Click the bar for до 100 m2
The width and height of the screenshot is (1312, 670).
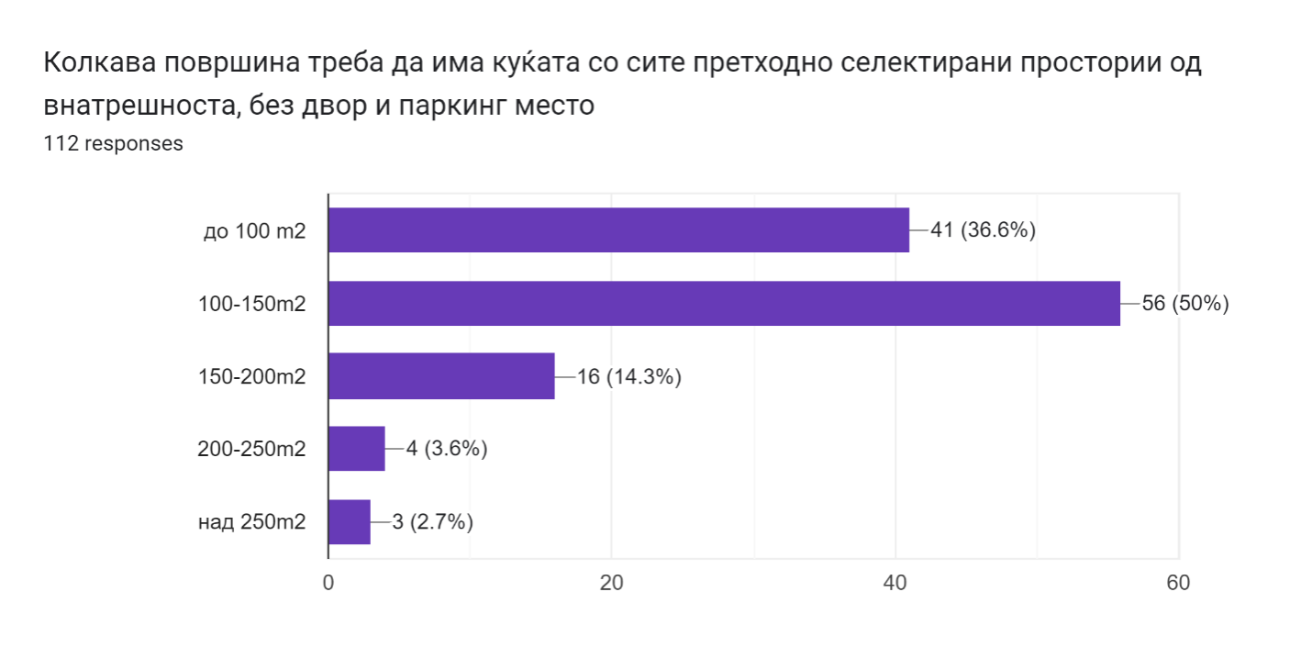point(618,229)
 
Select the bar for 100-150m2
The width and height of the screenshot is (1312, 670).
point(724,303)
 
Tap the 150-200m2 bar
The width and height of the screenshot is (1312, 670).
point(441,376)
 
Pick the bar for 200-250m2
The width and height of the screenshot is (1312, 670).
point(357,449)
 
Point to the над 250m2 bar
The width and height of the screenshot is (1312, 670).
point(350,522)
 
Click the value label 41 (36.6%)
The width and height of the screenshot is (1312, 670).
point(983,230)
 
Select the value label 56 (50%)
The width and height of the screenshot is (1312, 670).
point(1184,304)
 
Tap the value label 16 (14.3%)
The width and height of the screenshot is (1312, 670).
point(628,377)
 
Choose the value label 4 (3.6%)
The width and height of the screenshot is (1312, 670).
point(446,450)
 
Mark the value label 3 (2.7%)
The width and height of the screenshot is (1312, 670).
point(432,523)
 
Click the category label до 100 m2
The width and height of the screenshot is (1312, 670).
point(254,230)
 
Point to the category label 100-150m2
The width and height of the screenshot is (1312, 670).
point(251,304)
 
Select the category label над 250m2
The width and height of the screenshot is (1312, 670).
point(251,523)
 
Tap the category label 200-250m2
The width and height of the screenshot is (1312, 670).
point(251,450)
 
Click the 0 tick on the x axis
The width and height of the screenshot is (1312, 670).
point(328,584)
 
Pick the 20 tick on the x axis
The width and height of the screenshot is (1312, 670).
point(612,584)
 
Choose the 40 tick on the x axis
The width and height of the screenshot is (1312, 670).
point(895,584)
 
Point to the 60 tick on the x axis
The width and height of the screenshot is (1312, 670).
point(1178,584)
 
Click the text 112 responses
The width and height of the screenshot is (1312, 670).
point(113,144)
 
